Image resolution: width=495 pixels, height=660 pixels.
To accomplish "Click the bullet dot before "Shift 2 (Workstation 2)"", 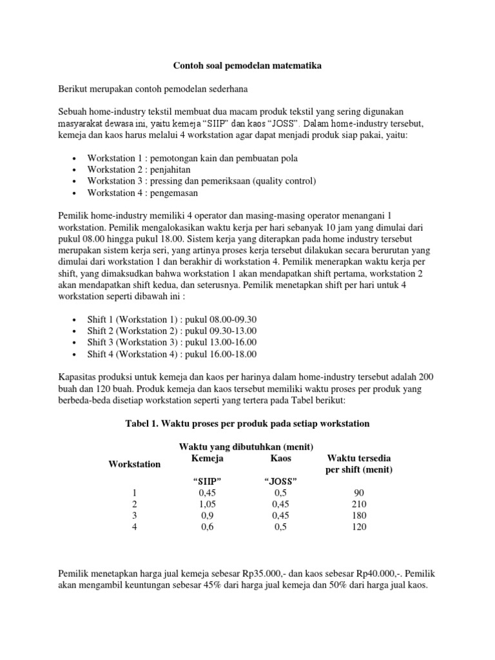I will coord(75,331).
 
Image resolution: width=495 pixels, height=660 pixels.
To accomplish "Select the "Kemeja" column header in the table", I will coord(208,458).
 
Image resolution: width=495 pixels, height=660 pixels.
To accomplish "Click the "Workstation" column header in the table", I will coord(135,464).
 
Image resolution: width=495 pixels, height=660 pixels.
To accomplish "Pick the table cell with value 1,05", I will coord(208,504).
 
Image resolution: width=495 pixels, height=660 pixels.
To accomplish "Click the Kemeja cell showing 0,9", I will coord(208,516).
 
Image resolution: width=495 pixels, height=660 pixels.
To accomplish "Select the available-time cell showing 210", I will coord(359,504).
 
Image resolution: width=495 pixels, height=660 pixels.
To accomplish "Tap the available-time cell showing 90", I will coord(359,492).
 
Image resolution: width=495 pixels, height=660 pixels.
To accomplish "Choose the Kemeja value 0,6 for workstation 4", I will coord(208,527).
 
